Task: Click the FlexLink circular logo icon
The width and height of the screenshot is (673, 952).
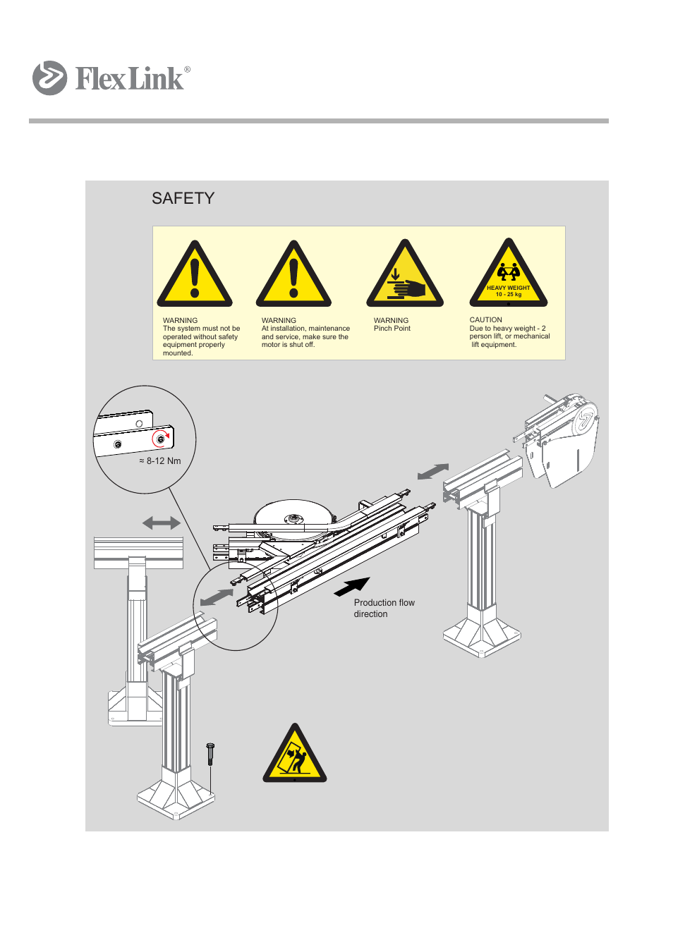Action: point(49,78)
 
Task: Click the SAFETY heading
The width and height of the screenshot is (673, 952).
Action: point(183,199)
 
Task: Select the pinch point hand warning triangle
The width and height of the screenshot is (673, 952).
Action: point(404,277)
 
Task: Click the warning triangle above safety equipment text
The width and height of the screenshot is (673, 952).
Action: point(195,277)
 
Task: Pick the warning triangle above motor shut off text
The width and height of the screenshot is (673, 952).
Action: point(293,277)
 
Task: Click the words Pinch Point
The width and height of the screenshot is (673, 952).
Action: point(392,329)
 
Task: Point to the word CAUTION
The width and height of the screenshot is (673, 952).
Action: point(485,320)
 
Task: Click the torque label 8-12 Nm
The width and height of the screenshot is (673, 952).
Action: point(160,461)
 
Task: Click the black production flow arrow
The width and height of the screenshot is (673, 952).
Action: point(352,586)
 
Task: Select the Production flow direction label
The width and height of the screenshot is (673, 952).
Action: point(384,609)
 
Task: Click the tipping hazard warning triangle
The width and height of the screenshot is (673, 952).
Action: point(295,756)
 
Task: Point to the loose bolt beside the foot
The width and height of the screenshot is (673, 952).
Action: point(210,754)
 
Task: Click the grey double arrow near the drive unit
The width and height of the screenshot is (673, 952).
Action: point(432,471)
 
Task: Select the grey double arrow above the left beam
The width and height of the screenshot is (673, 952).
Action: point(161,523)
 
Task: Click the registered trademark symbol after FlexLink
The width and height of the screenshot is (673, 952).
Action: point(187,69)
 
